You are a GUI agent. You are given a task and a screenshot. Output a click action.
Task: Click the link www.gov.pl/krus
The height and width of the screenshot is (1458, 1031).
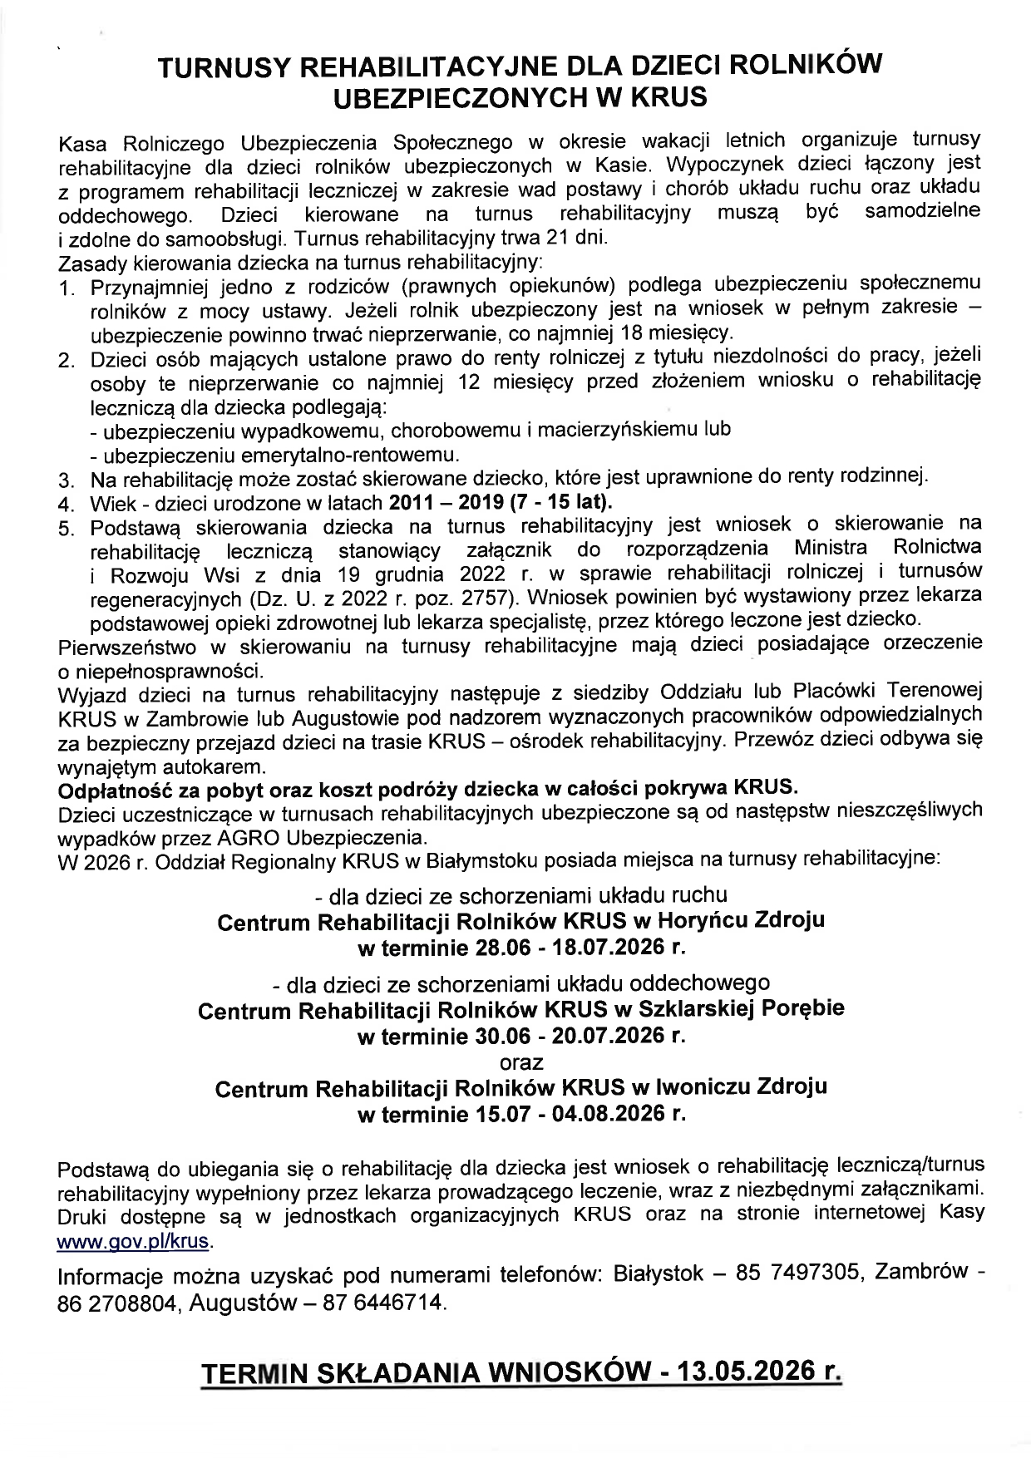[x=133, y=1242]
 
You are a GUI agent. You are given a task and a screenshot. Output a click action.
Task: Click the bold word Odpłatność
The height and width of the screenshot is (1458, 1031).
[x=115, y=786]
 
